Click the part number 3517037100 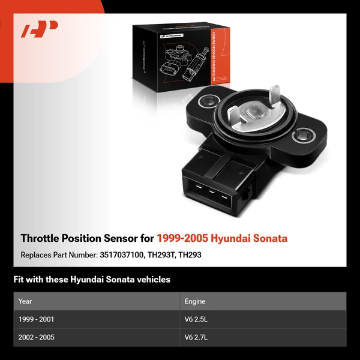(x=121, y=254)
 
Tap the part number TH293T (x=162, y=254)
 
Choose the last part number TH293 (x=191, y=254)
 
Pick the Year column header (x=25, y=301)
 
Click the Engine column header (x=195, y=301)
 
